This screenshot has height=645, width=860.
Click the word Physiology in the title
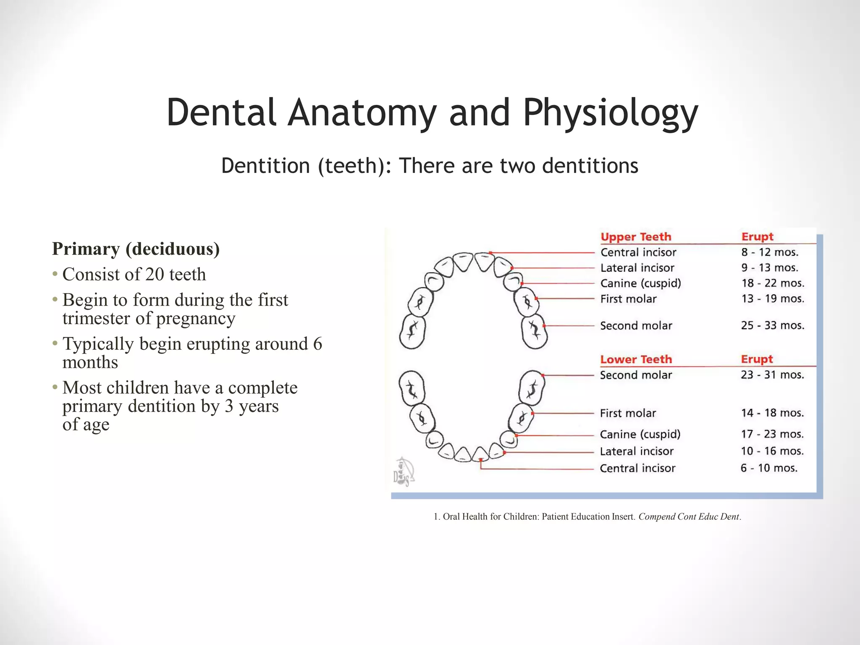[610, 113]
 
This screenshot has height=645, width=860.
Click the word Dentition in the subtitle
[265, 165]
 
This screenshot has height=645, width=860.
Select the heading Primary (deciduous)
[136, 249]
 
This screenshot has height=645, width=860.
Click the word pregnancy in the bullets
[195, 318]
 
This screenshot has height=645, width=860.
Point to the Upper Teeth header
[636, 237]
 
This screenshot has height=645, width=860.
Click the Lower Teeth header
[636, 359]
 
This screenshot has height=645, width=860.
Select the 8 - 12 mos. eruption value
[769, 252]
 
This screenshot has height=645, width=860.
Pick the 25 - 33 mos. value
[772, 325]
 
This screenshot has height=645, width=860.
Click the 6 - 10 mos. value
[768, 468]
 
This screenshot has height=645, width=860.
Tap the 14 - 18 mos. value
[772, 413]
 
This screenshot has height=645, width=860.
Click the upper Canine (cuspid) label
[640, 283]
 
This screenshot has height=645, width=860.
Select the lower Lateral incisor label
[637, 451]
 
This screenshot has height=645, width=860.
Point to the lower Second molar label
[636, 375]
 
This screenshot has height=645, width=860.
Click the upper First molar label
[628, 299]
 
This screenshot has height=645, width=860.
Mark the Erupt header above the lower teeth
[757, 359]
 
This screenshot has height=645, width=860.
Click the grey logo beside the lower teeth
[404, 472]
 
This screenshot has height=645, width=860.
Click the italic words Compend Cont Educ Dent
[689, 517]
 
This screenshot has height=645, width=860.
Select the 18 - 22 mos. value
[772, 283]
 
